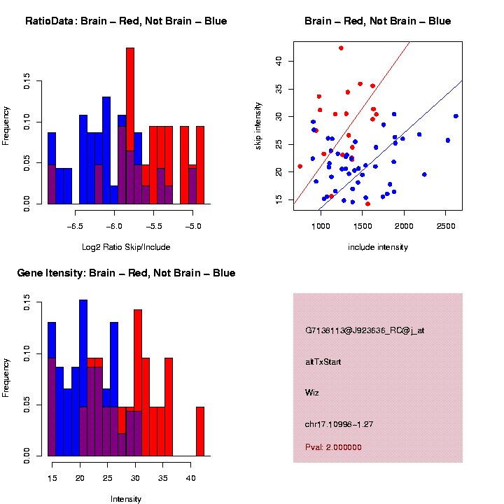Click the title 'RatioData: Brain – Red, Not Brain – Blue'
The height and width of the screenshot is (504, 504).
(126, 21)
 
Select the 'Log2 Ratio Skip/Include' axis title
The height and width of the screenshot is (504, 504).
(125, 246)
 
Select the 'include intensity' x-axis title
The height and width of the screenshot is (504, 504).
(378, 246)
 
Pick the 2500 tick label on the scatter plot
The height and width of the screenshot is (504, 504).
(446, 225)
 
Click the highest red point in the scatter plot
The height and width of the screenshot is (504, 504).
(341, 48)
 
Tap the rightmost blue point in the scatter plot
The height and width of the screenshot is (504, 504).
(456, 116)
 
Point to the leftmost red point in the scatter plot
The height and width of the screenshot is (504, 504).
(300, 167)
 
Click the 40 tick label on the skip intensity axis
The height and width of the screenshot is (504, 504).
(278, 61)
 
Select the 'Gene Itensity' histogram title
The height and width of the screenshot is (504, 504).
(126, 273)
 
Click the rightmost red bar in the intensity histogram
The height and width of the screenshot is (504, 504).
(200, 431)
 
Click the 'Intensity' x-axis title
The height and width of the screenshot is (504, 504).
(126, 499)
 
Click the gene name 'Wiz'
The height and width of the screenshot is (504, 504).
(312, 392)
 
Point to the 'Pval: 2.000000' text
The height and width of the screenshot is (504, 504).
(333, 447)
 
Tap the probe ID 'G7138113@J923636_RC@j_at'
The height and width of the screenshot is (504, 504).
(365, 330)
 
